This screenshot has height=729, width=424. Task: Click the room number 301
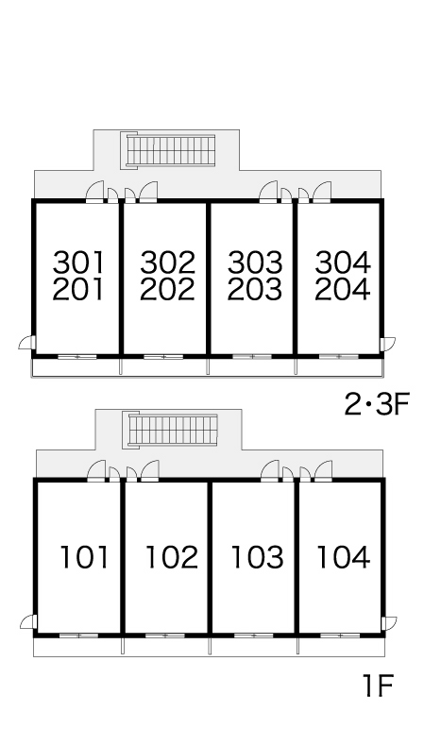78,263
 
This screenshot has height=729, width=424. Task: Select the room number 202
167,289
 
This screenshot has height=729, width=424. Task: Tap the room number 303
255,263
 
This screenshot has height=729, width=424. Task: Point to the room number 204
343,289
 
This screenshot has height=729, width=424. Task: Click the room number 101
84,557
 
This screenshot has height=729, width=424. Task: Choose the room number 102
172,557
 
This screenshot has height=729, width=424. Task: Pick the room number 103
257,557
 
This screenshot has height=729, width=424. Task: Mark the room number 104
343,557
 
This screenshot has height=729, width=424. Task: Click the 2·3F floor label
376,404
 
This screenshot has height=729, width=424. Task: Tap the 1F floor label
378,686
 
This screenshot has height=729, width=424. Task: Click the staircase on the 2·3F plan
169,149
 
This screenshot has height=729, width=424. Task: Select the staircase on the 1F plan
171,430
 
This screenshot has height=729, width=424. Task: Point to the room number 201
78,289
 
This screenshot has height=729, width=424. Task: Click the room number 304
343,263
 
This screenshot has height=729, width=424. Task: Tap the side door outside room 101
28,621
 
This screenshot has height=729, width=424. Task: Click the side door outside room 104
389,623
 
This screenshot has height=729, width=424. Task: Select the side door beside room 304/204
387,345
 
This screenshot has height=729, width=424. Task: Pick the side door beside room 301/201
27,342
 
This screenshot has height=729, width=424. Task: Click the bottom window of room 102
165,636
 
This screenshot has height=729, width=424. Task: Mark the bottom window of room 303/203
252,357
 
